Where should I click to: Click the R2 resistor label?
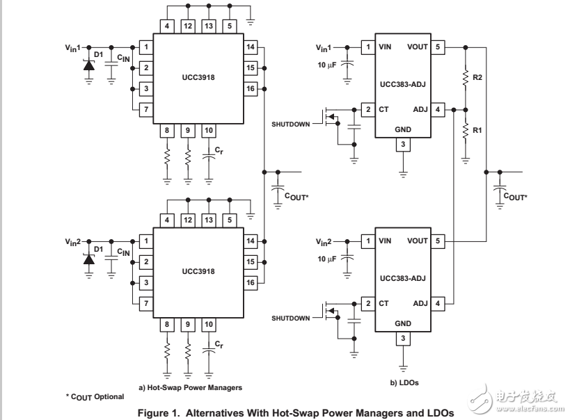477,77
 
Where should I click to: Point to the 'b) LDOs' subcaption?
404,382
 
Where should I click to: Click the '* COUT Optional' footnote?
95,396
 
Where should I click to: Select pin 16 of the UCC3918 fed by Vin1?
251,89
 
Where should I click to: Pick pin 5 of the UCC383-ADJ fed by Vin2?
438,241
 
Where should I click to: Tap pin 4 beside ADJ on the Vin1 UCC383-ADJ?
438,110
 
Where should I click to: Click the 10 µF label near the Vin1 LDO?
326,65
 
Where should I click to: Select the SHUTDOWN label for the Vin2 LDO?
290,318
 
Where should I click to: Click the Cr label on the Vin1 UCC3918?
219,150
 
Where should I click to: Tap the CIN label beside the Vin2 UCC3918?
123,252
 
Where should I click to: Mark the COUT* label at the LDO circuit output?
516,197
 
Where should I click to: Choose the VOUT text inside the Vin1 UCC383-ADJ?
418,47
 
